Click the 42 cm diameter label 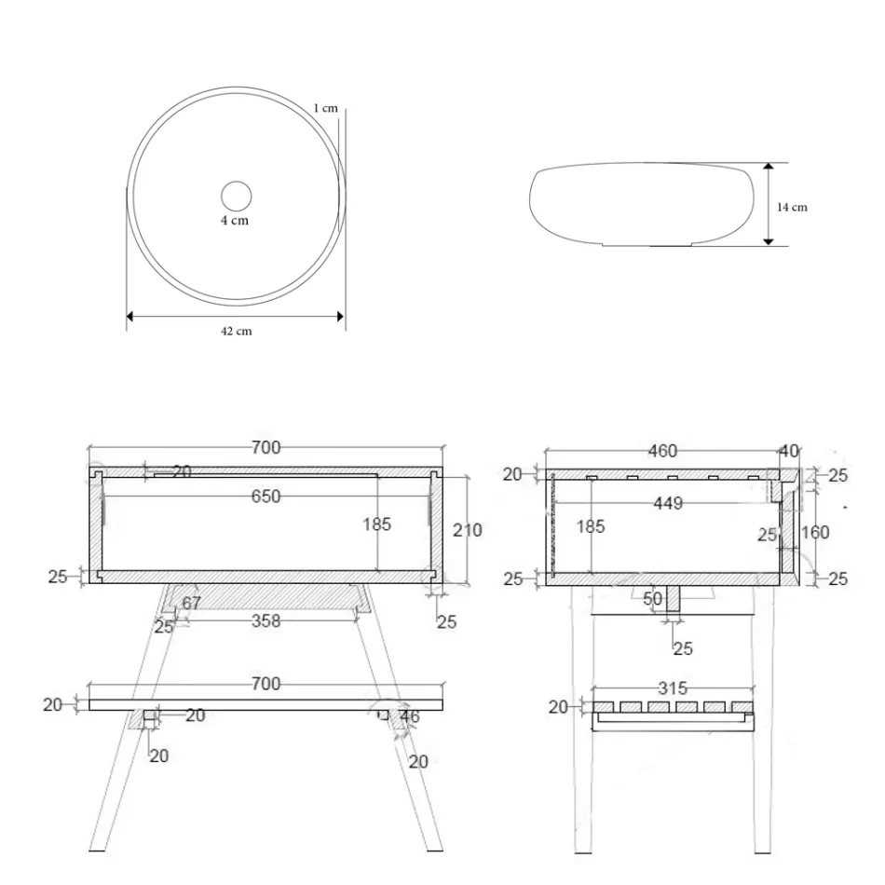(236, 332)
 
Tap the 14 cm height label (792, 207)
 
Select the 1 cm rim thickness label (325, 108)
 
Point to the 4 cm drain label (235, 221)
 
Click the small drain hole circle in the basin (236, 196)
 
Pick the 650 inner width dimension (265, 497)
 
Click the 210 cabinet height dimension (467, 530)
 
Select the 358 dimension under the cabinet (265, 620)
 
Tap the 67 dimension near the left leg (191, 604)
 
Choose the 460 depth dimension (662, 452)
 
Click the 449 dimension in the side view (668, 503)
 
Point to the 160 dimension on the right (815, 532)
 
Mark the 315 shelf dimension (672, 688)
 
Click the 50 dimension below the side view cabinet (653, 599)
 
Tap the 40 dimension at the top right (788, 451)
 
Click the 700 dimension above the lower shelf (265, 685)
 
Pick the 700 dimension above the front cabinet (265, 448)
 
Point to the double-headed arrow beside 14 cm (768, 204)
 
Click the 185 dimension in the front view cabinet (376, 524)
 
